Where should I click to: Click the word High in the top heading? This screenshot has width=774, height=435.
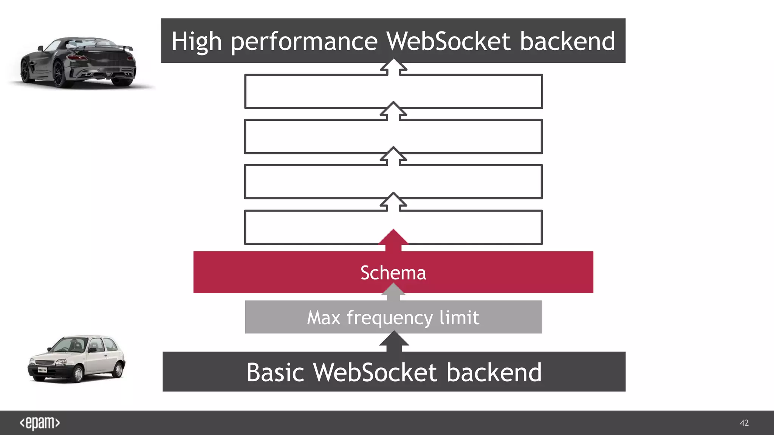[x=196, y=42]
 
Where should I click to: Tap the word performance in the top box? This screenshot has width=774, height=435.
[x=304, y=42]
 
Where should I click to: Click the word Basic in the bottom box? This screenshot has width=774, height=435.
[x=275, y=372]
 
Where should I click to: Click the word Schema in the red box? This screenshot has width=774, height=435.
[x=393, y=273]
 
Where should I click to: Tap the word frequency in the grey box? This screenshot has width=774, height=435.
[x=390, y=318]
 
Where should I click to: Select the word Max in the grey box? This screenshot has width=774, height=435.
[x=324, y=318]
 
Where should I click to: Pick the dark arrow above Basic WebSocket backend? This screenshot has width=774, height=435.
[x=394, y=341]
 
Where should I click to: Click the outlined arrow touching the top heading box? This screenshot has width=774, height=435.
[x=393, y=67]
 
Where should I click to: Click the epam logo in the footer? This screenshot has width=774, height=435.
[x=40, y=423]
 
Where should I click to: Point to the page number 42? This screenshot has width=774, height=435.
[x=744, y=423]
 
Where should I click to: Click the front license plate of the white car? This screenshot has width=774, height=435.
[x=42, y=370]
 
